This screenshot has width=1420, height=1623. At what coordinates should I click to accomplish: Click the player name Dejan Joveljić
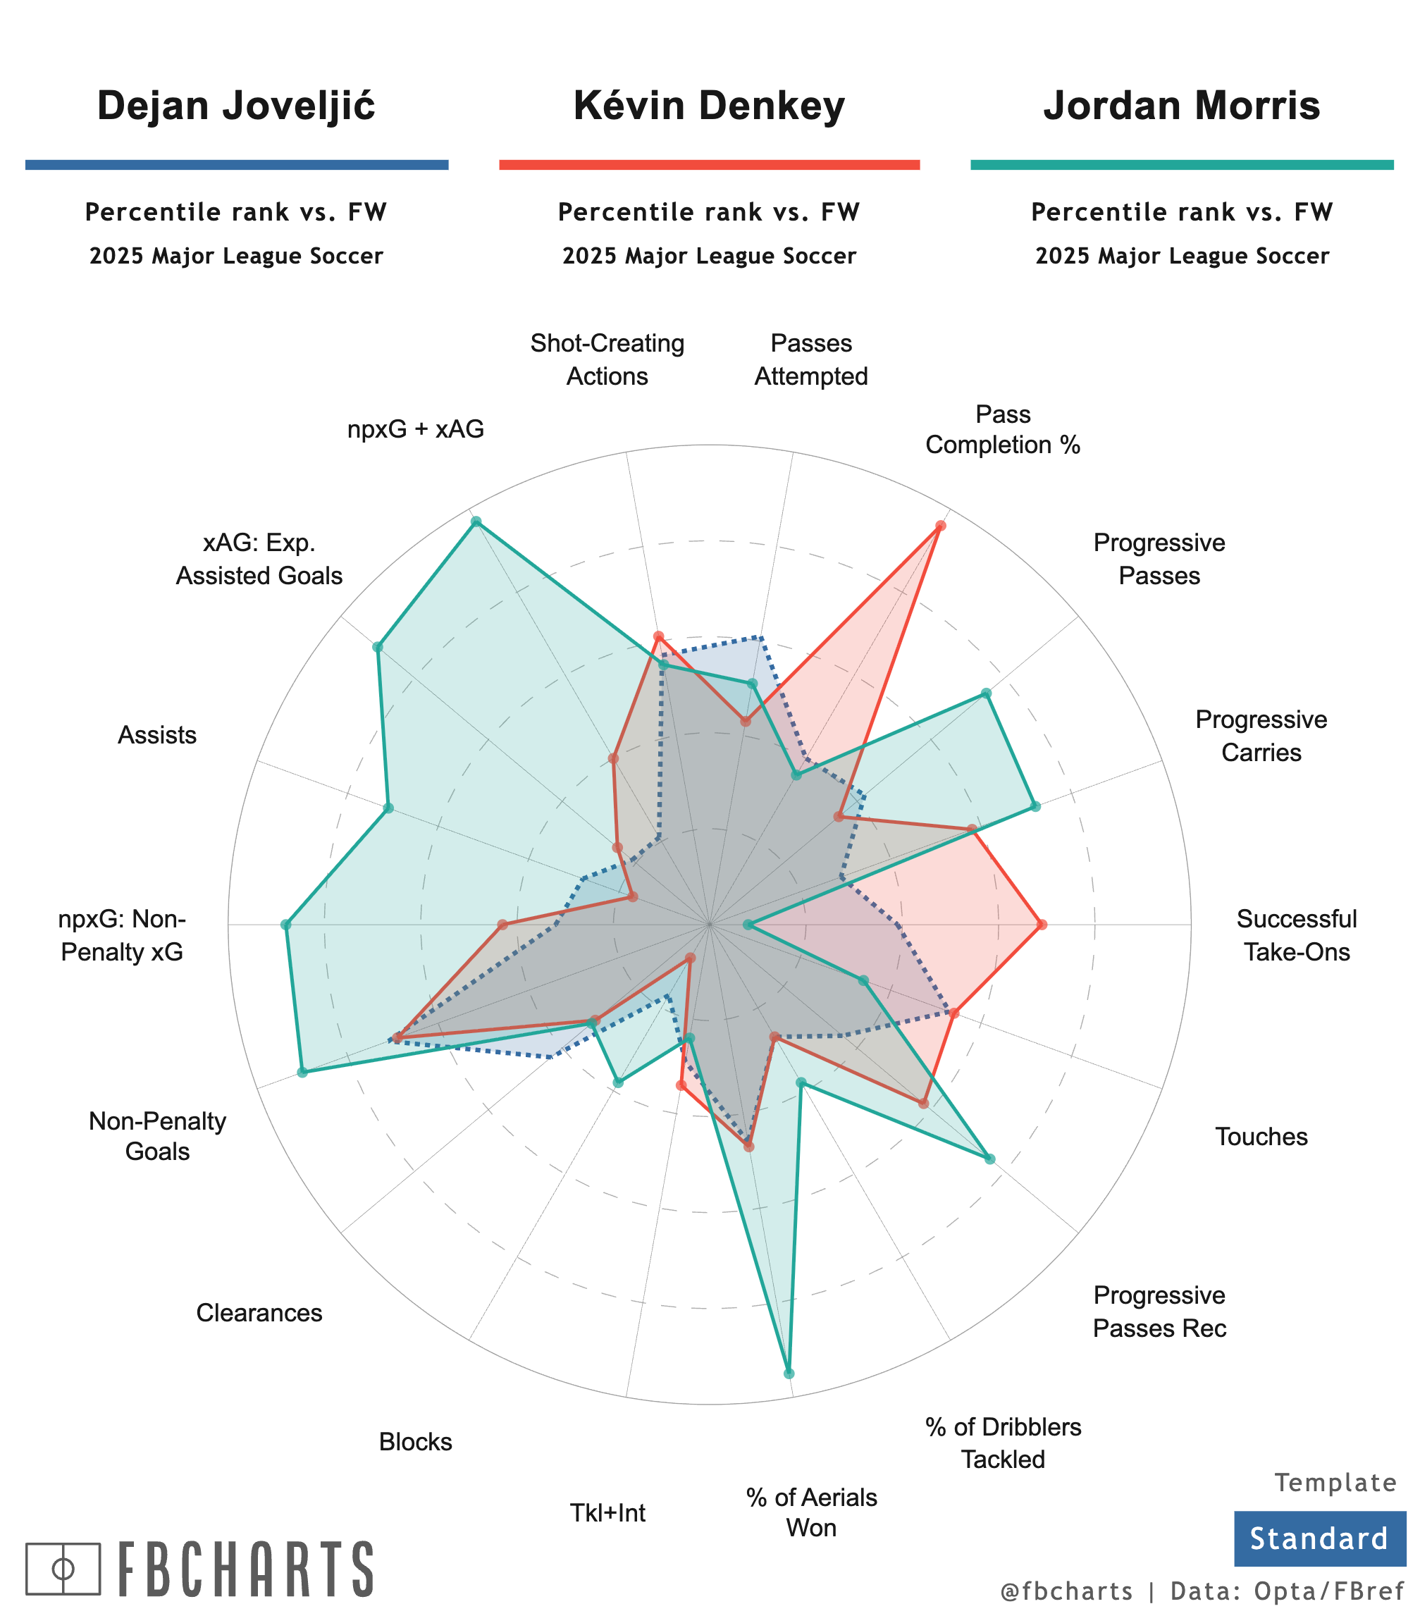[x=236, y=106]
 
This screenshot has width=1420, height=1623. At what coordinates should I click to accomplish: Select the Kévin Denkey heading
[x=709, y=106]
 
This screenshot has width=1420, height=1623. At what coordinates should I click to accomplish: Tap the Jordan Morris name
[x=1182, y=106]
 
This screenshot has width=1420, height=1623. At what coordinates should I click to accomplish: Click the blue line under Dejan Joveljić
[x=237, y=165]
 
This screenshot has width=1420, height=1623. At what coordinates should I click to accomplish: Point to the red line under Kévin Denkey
[x=709, y=165]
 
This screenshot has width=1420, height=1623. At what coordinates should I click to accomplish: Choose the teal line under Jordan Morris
[x=1182, y=165]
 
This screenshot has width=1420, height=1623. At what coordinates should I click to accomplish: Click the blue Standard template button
[x=1319, y=1538]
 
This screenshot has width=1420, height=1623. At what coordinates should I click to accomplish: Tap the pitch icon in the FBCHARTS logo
[x=63, y=1568]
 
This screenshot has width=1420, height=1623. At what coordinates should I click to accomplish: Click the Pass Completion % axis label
[x=1002, y=429]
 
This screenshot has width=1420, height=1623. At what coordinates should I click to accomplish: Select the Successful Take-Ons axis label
[x=1297, y=935]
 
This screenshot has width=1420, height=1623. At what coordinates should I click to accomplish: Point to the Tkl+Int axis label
[x=607, y=1513]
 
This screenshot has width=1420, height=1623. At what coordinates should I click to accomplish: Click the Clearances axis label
[x=259, y=1313]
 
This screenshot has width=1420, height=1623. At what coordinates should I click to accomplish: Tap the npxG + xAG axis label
[x=416, y=429]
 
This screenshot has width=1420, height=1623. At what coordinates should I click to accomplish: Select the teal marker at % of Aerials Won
[x=789, y=1374]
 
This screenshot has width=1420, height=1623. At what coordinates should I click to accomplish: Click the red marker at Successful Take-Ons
[x=1042, y=924]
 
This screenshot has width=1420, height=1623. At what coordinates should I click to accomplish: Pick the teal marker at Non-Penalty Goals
[x=302, y=1072]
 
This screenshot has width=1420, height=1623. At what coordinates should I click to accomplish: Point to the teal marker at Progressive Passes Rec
[x=989, y=1159]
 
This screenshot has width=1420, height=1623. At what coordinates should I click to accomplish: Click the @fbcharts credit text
[x=1066, y=1591]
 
